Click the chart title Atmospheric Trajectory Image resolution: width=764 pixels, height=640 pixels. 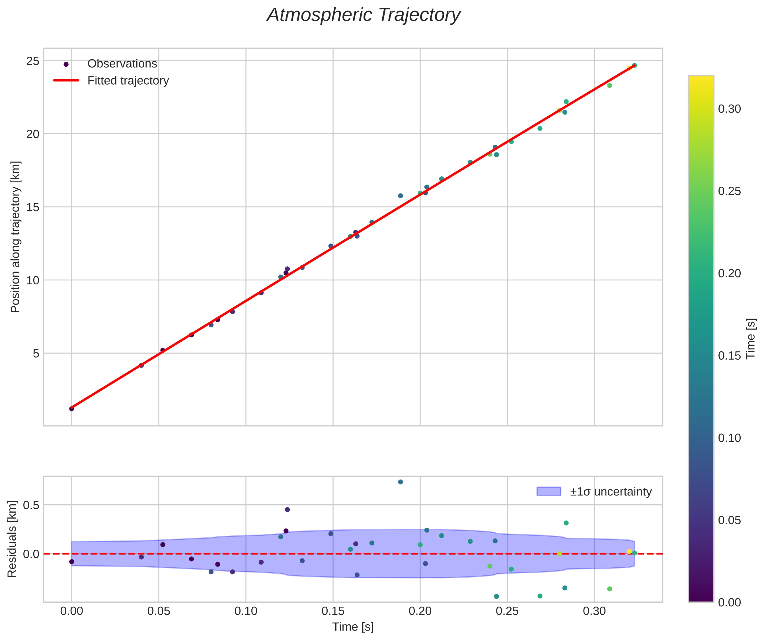pyautogui.click(x=363, y=15)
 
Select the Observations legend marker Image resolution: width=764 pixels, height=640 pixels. pyautogui.click(x=66, y=64)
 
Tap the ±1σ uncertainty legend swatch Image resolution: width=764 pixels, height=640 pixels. pyautogui.click(x=549, y=491)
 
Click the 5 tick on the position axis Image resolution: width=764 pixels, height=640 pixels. pyautogui.click(x=35, y=353)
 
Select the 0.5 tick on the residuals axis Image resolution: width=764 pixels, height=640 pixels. pyautogui.click(x=31, y=505)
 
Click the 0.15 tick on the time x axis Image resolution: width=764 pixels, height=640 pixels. pyautogui.click(x=332, y=611)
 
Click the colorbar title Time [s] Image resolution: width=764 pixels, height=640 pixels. pyautogui.click(x=751, y=339)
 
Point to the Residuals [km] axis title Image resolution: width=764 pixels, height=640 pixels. pyautogui.click(x=12, y=539)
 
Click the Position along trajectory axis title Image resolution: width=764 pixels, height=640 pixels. pyautogui.click(x=15, y=237)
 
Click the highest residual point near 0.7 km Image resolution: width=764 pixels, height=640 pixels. pyautogui.click(x=401, y=482)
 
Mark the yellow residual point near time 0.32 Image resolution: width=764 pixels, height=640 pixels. pyautogui.click(x=629, y=551)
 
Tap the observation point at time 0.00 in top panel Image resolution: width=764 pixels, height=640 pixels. pyautogui.click(x=72, y=409)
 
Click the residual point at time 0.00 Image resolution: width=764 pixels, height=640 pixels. pyautogui.click(x=72, y=562)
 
